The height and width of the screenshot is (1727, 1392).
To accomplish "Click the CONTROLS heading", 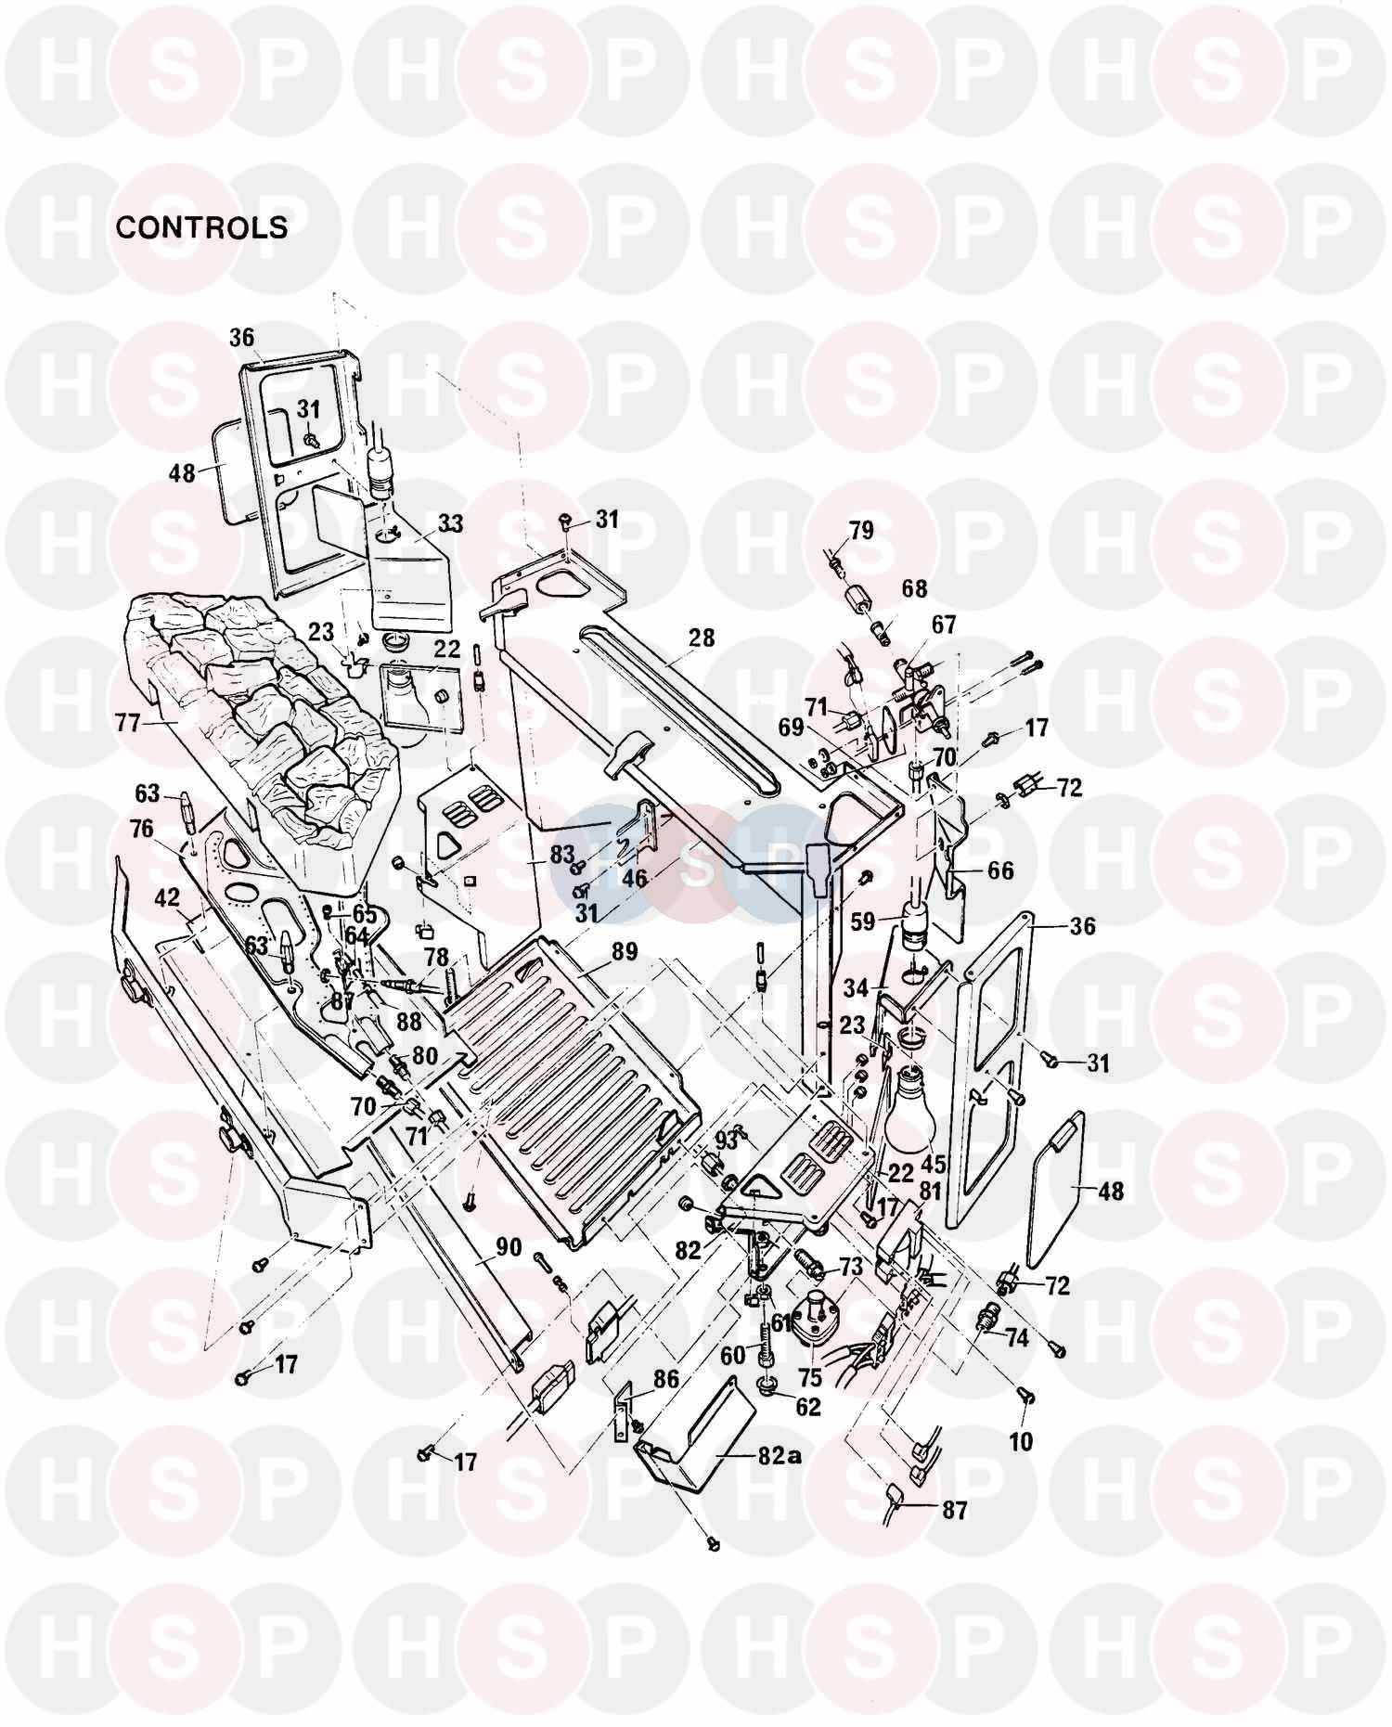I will (x=201, y=227).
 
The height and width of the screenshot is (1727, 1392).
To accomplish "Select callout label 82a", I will (x=780, y=1456).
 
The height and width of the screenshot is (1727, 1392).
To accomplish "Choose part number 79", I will (x=861, y=531).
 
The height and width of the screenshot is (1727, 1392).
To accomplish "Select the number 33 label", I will (x=450, y=524).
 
